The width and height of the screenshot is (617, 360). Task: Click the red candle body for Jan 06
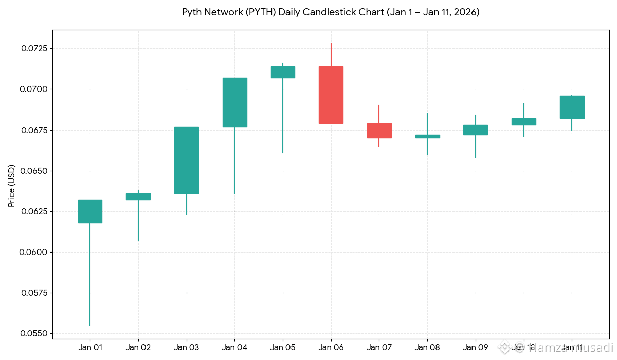coord(331,95)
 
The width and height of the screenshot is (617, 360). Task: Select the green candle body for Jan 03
coord(186,160)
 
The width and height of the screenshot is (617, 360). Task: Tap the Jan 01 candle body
coord(90,211)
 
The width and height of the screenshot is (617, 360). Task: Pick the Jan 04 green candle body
coord(234,102)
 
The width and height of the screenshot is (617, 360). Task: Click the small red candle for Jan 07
coord(379,131)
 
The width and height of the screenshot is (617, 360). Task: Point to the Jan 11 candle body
coord(572,107)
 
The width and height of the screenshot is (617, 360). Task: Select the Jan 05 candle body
coord(283,72)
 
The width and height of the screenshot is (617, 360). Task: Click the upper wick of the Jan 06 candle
coord(331,55)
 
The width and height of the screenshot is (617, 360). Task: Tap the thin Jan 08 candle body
coord(427,136)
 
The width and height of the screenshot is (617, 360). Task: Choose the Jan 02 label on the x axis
coord(138,348)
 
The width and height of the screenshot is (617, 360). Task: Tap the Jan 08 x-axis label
coord(427,348)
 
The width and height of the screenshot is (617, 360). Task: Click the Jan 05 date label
coord(283,348)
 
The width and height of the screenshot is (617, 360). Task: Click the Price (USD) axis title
coord(12,186)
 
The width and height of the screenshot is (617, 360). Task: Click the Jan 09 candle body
coord(476,130)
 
